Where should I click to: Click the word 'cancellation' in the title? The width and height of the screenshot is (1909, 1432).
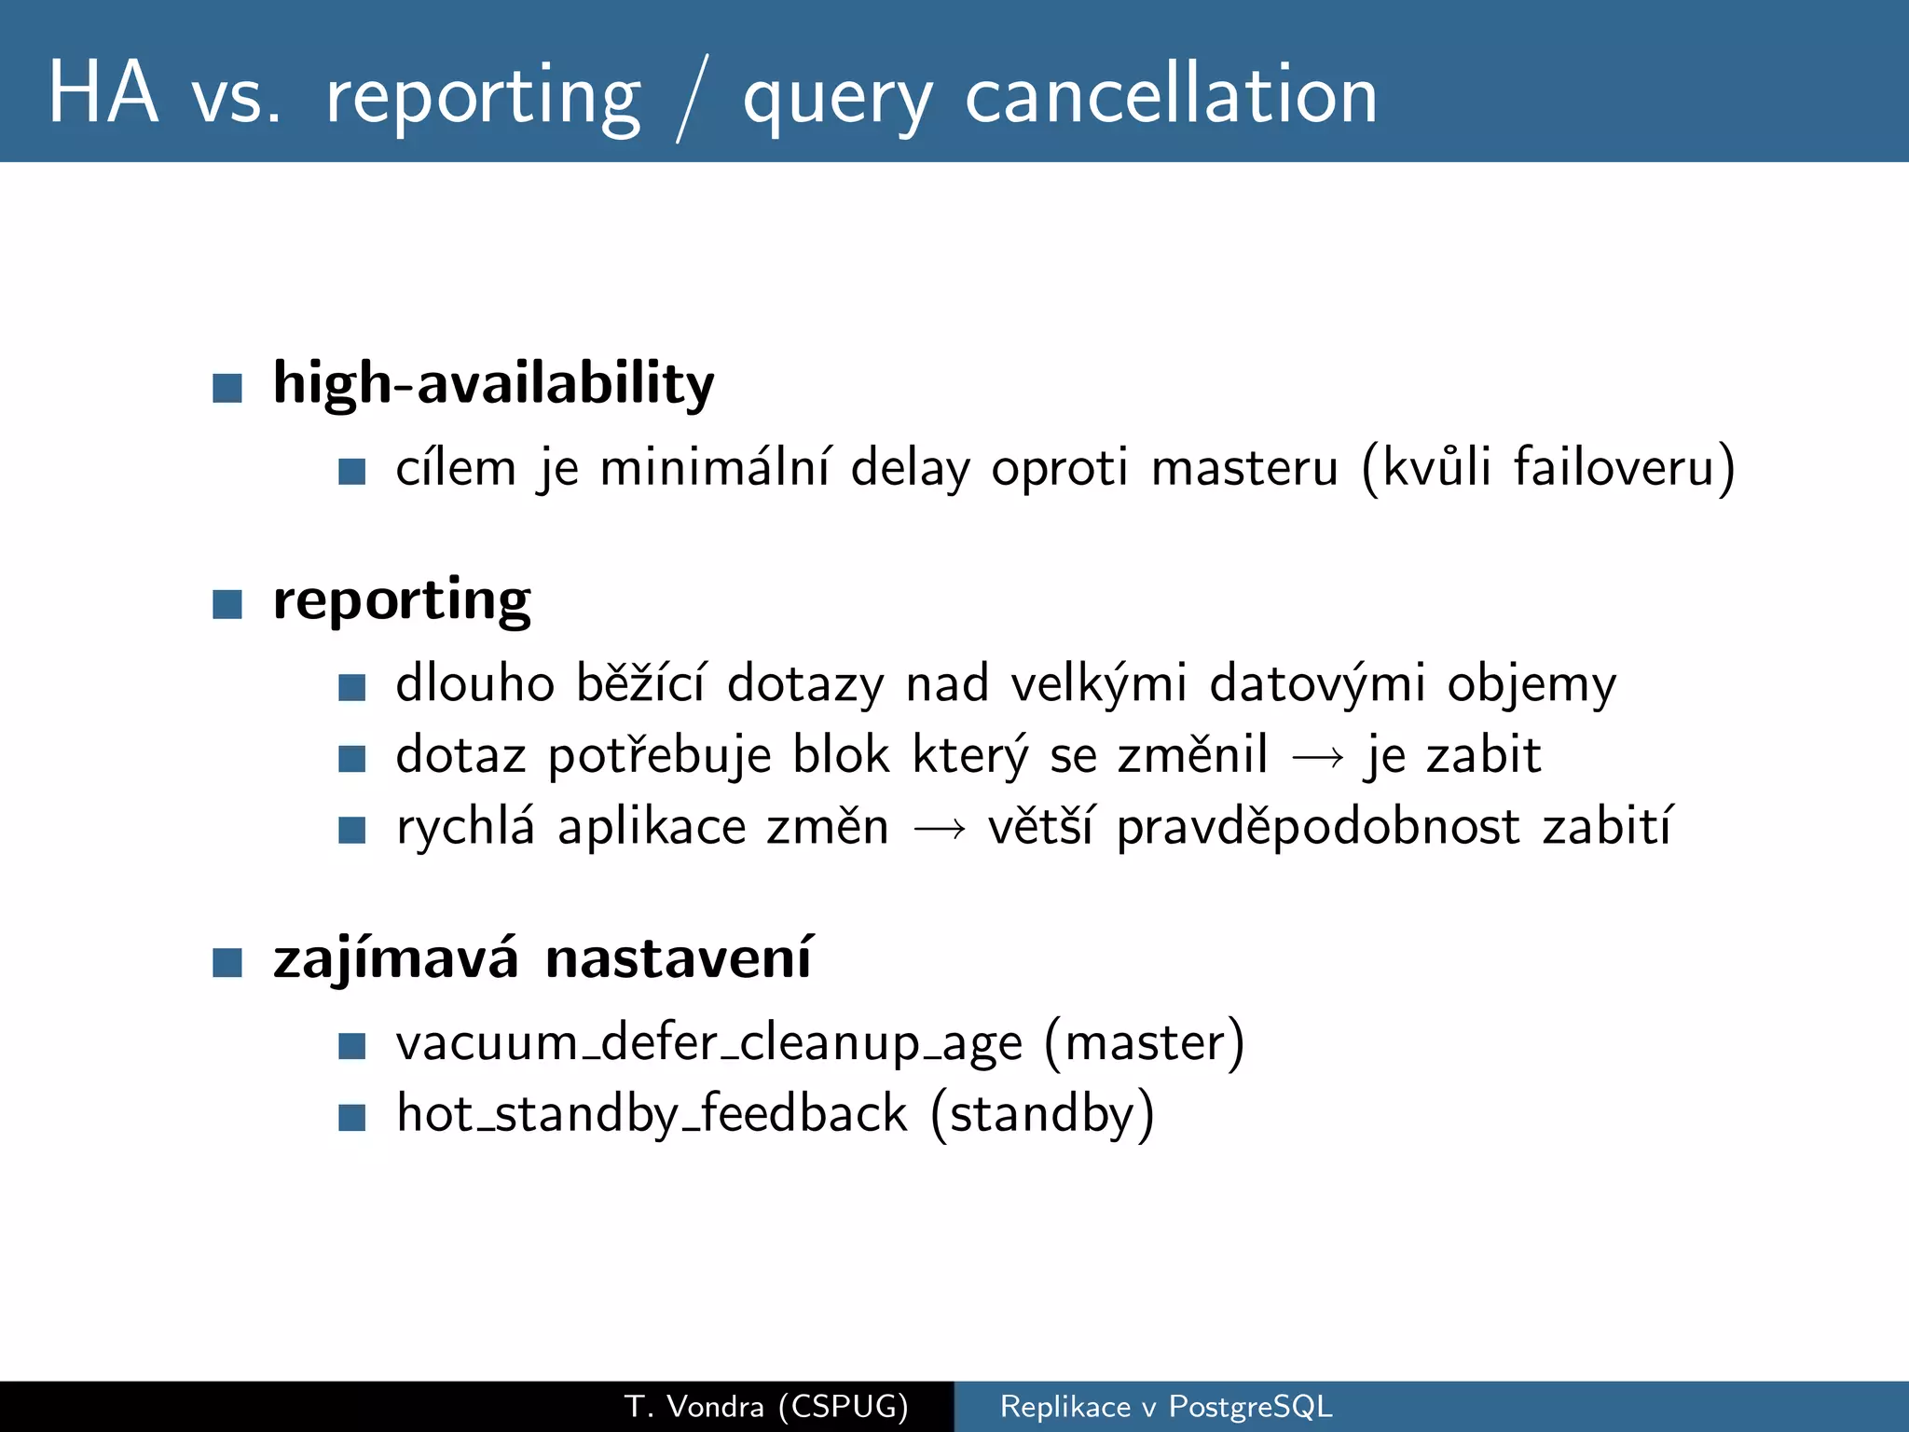[x=1171, y=96]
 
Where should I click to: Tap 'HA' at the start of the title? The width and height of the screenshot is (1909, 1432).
[x=103, y=93]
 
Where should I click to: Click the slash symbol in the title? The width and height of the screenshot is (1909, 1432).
[x=692, y=98]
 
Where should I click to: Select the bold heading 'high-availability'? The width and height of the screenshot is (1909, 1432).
[x=493, y=383]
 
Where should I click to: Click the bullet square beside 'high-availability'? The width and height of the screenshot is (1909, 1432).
[x=227, y=387]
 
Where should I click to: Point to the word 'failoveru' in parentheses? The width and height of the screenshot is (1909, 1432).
[x=1614, y=467]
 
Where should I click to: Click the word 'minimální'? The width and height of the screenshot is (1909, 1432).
[x=714, y=467]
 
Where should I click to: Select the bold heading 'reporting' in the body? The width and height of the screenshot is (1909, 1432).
[x=402, y=600]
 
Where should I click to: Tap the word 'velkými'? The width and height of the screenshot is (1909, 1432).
[x=1099, y=683]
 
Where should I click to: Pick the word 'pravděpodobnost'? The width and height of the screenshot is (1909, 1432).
[x=1318, y=828]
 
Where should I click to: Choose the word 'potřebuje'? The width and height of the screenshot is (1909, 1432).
[x=659, y=756]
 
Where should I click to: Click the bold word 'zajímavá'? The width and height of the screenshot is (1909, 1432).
[x=395, y=958]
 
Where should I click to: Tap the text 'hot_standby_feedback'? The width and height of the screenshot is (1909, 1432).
[x=652, y=1114]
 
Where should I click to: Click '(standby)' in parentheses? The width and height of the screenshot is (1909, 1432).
[x=1042, y=1114]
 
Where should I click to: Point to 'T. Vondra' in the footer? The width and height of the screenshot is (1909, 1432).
[x=694, y=1406]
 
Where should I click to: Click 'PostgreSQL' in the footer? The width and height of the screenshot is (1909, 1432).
[x=1250, y=1406]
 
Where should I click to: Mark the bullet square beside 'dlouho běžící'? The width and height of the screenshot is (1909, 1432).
[x=351, y=688]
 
